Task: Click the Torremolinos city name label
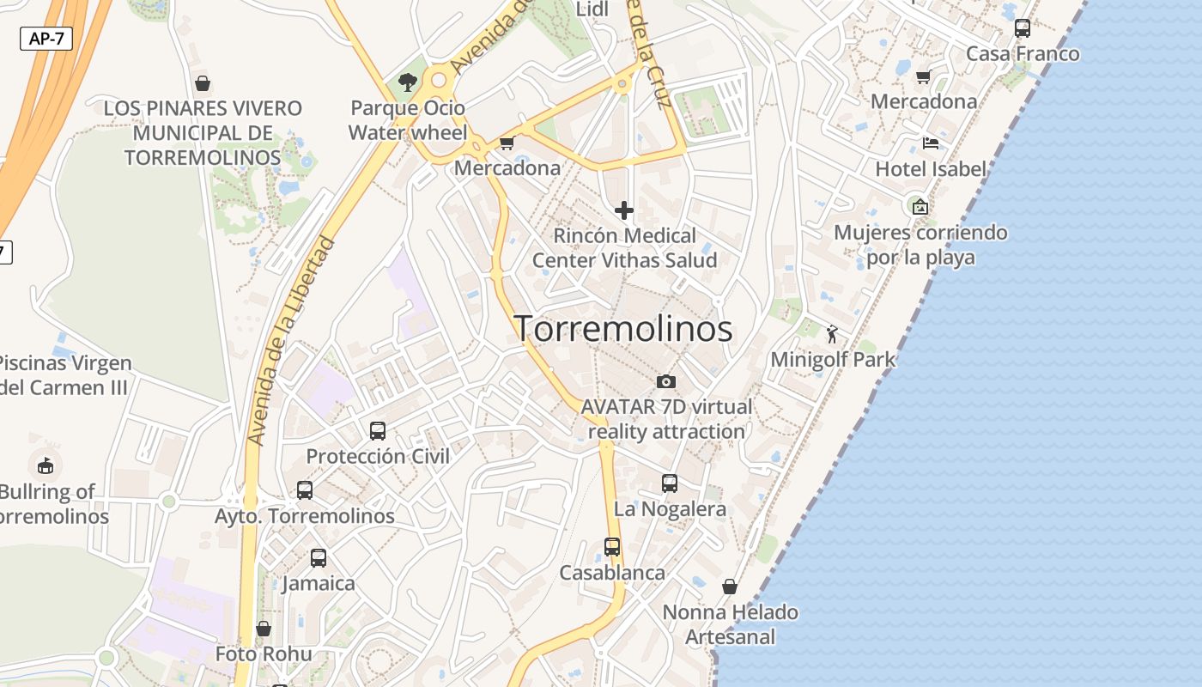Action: [623, 329]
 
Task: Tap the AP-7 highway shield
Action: [46, 39]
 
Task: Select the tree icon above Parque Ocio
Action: [408, 82]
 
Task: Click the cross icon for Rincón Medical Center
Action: [624, 210]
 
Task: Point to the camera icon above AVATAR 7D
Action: [665, 381]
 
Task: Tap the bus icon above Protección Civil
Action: [378, 431]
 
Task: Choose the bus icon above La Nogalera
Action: [670, 483]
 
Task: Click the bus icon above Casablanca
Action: [612, 547]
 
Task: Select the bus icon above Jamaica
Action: [319, 558]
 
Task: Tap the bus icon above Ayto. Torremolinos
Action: [305, 490]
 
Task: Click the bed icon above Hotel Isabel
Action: [931, 143]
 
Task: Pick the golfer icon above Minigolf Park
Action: [832, 334]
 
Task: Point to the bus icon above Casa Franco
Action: [1023, 28]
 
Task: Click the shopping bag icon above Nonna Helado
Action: [730, 587]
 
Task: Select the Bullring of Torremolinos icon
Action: [45, 466]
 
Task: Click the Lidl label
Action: [592, 9]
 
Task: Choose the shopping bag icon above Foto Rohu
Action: [264, 629]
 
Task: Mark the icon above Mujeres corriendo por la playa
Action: [920, 206]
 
